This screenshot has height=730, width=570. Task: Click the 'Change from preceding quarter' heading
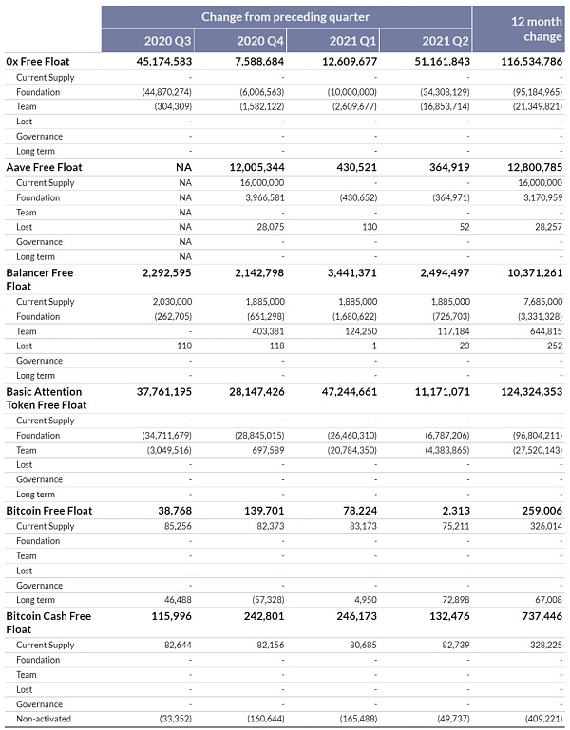(x=285, y=16)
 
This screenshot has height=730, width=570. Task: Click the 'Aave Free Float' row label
(x=44, y=167)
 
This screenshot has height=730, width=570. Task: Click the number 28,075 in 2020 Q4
(x=268, y=227)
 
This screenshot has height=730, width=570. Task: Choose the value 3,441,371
(x=346, y=272)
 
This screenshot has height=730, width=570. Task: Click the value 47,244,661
(x=344, y=391)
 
